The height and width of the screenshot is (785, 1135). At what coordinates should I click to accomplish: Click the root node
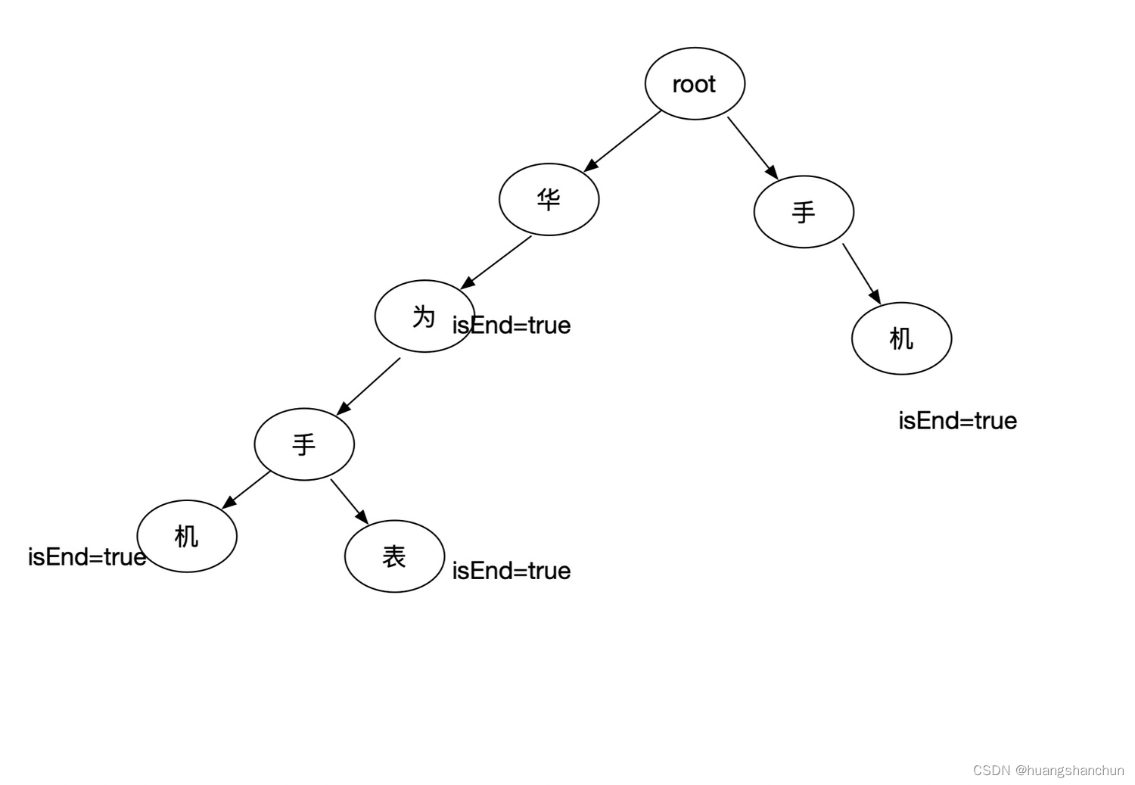[x=695, y=84]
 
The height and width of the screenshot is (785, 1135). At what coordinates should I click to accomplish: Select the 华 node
[x=549, y=200]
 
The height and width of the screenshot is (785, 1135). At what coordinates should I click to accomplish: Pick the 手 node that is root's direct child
[x=804, y=212]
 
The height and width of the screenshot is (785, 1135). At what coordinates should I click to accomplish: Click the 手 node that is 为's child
[x=304, y=444]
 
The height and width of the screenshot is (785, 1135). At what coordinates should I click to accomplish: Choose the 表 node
[x=394, y=556]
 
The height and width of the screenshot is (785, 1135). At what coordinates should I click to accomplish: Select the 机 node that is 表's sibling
[x=187, y=536]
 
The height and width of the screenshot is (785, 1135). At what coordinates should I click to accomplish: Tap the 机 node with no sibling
[x=901, y=338]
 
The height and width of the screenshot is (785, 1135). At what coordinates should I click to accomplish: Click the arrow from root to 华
[x=623, y=141]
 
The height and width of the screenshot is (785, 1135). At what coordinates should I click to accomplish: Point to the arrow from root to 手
[x=752, y=147]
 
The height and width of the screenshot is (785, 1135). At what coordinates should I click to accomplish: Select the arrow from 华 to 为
[x=496, y=262]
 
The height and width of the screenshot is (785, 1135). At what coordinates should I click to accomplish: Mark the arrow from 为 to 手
[x=368, y=386]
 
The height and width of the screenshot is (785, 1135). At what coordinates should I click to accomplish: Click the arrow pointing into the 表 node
[x=349, y=501]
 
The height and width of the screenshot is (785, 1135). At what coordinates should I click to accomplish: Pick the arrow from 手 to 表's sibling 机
[x=247, y=489]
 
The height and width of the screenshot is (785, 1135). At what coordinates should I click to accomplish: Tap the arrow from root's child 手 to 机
[x=861, y=273]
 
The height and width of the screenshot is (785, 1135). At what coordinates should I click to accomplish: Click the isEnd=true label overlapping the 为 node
[x=512, y=326]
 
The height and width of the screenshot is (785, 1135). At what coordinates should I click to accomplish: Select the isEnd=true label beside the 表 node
[x=512, y=571]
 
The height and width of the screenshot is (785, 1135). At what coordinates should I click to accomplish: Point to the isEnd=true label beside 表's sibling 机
[x=86, y=557]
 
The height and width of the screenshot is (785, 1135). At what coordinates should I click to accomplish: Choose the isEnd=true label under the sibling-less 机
[x=957, y=421]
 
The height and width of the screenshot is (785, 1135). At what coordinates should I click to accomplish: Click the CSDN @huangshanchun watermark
[x=1048, y=771]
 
